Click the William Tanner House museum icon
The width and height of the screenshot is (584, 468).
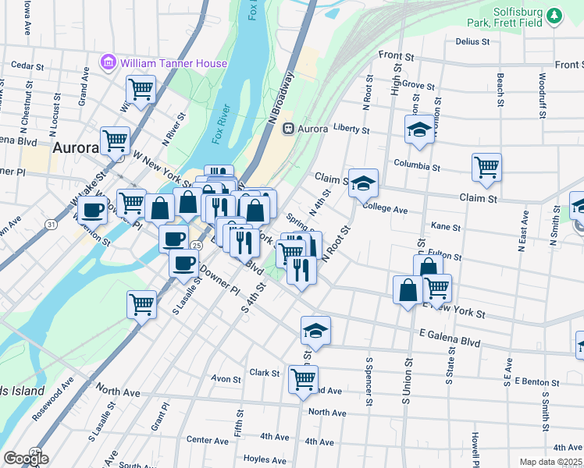[109, 62]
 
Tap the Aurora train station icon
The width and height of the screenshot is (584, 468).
[288, 128]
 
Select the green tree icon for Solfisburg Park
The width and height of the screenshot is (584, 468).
[554, 15]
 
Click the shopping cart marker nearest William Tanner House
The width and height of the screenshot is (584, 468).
[141, 89]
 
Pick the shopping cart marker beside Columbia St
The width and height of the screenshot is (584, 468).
[486, 166]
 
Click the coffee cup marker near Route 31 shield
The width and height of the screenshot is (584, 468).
[93, 210]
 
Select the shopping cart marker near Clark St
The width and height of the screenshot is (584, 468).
[303, 379]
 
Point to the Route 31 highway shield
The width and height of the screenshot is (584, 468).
[51, 225]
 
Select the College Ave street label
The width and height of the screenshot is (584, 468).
[386, 209]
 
